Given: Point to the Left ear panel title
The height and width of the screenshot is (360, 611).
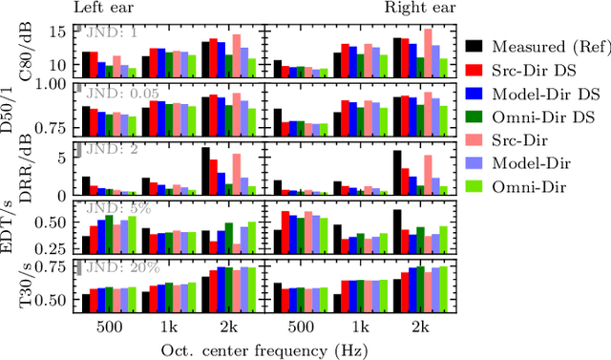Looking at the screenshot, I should [x=106, y=9].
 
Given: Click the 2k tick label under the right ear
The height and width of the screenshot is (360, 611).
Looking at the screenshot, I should [x=422, y=326].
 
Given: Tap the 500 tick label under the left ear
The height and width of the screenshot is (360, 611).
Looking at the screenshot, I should [x=108, y=326].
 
